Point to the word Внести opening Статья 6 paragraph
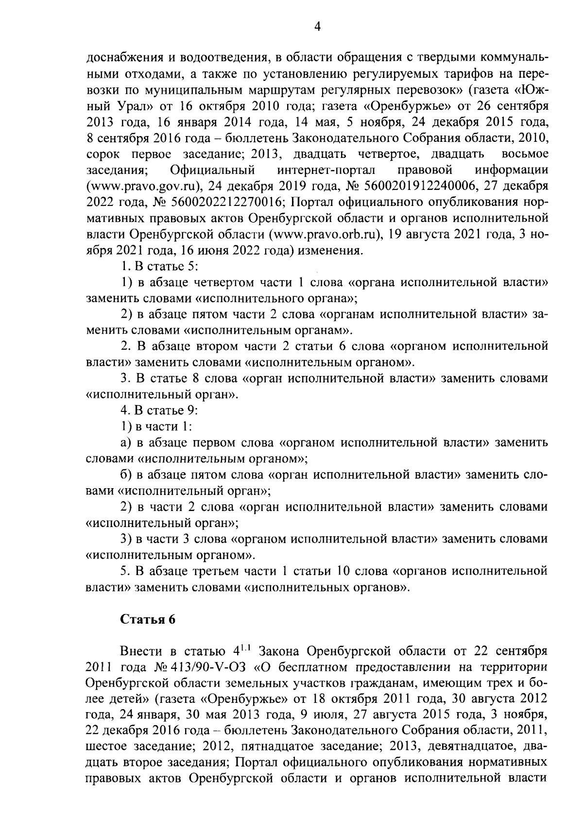(x=141, y=651)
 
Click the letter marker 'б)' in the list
(x=126, y=475)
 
